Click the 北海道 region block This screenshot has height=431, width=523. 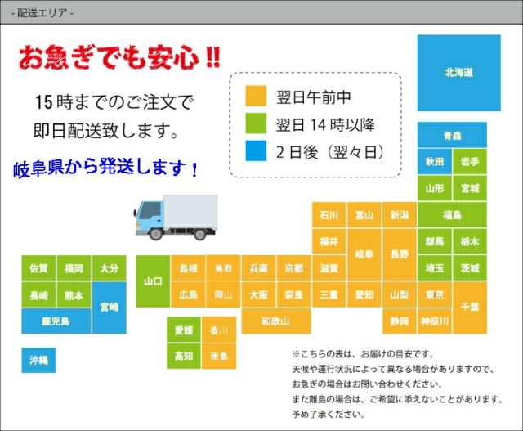[458, 73]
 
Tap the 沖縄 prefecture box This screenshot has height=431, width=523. [38, 360]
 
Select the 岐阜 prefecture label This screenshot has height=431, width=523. [364, 254]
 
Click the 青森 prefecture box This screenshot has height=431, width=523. [452, 135]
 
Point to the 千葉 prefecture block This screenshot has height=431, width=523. [470, 306]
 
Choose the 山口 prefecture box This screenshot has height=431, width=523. [153, 281]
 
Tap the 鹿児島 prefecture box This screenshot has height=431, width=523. [56, 321]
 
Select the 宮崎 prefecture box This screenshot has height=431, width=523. [110, 307]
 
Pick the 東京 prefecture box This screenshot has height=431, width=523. [434, 294]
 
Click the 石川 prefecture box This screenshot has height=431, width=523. [329, 215]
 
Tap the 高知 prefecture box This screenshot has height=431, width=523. [183, 356]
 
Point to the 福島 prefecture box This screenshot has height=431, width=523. [452, 215]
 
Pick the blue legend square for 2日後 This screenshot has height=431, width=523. [256, 152]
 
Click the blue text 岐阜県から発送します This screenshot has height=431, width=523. [106, 170]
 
